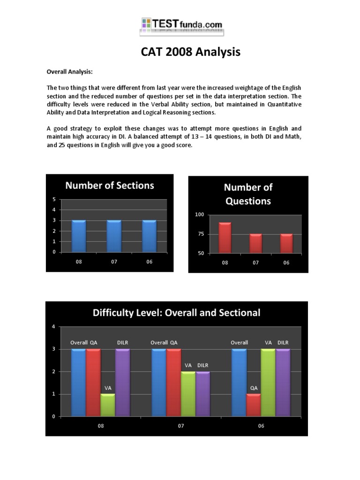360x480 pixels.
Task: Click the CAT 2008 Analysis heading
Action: (191, 52)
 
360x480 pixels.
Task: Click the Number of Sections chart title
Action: (110, 185)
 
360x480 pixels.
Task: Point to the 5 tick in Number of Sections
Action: (54, 199)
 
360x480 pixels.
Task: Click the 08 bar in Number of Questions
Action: (225, 238)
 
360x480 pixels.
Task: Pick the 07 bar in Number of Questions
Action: (255, 243)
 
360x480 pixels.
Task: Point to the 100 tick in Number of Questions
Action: (200, 215)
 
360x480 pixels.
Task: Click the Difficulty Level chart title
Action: (176, 313)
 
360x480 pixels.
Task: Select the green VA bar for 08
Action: (108, 405)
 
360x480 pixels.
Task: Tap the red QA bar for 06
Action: (254, 405)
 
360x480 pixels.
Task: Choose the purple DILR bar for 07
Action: (202, 394)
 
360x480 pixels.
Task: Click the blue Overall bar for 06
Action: (239, 382)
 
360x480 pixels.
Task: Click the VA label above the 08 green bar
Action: (108, 388)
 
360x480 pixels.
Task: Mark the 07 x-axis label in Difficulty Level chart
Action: (181, 427)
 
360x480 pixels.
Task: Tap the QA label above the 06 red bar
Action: (254, 388)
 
